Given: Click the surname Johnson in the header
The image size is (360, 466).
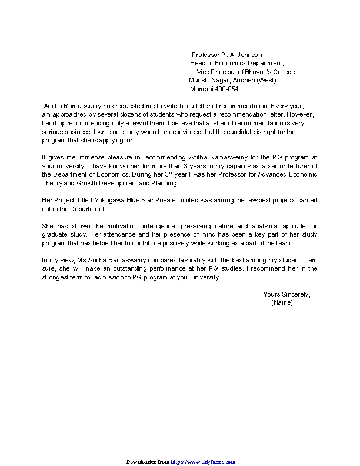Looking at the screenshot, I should pos(249,55).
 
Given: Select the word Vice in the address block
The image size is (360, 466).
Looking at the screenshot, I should pos(203,72).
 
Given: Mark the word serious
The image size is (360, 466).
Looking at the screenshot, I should pos(53,132).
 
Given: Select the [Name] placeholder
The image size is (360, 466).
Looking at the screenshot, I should pos(282,302).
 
